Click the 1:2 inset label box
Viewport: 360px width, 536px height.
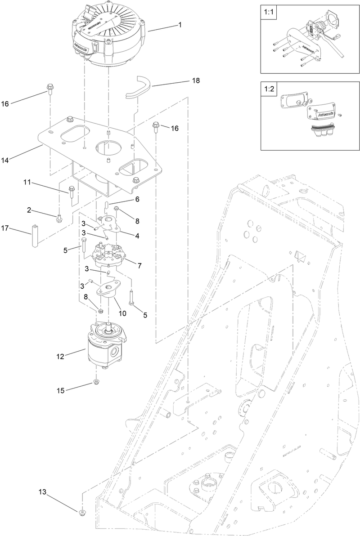click(x=268, y=89)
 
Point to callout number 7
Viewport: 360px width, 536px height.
click(x=140, y=266)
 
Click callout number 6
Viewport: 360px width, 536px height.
click(x=137, y=199)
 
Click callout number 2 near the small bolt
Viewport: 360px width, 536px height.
click(x=29, y=210)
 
